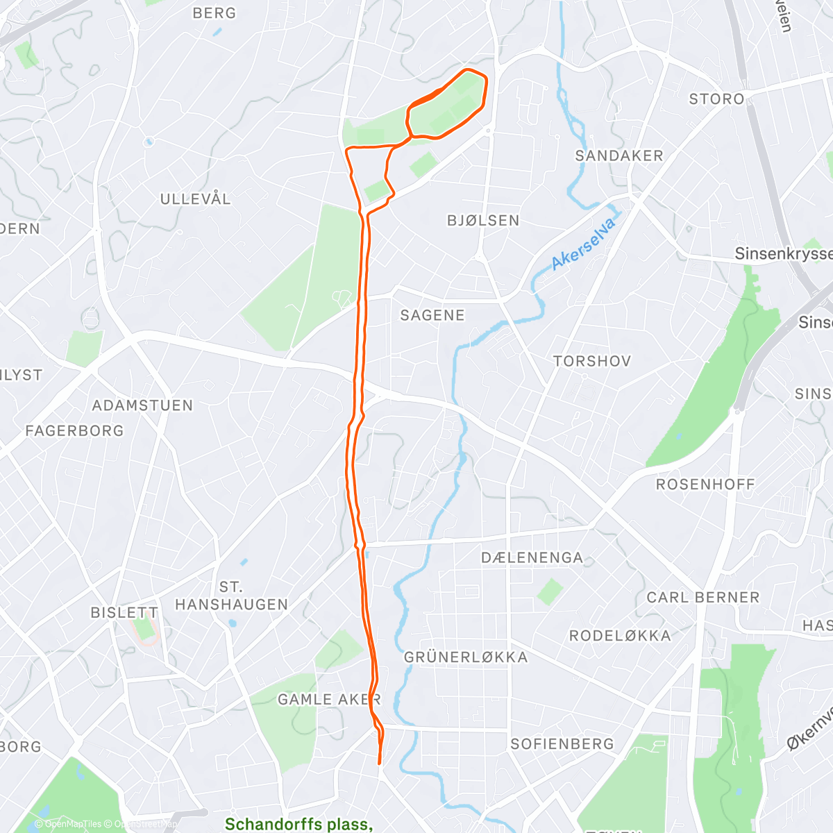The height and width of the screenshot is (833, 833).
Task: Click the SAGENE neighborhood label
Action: click(432, 316)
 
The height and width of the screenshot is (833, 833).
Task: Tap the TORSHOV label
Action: click(592, 362)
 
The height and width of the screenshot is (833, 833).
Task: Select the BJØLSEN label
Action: click(483, 221)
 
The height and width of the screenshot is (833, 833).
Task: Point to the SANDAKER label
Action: click(619, 156)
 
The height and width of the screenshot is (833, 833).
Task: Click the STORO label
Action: click(716, 99)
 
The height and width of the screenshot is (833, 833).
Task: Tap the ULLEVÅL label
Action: click(196, 199)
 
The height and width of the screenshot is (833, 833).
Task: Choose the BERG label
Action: click(214, 13)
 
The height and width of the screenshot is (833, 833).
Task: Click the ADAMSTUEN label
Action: click(142, 405)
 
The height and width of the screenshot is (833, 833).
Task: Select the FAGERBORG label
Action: click(74, 431)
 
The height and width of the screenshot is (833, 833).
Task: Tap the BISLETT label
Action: click(124, 613)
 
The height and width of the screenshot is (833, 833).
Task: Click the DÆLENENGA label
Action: click(532, 558)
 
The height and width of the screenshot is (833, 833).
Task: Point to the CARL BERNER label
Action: click(703, 598)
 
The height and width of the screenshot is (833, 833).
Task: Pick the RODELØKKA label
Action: click(620, 636)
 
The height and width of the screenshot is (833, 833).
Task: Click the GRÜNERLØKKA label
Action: click(466, 657)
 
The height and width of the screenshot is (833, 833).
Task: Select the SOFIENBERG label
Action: click(562, 744)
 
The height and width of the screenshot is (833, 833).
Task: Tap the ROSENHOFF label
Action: click(705, 485)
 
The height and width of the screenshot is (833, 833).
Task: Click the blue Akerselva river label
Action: click(584, 244)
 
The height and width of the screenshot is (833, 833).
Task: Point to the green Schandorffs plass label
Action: click(298, 824)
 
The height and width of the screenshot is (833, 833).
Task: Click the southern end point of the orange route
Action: click(379, 764)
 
